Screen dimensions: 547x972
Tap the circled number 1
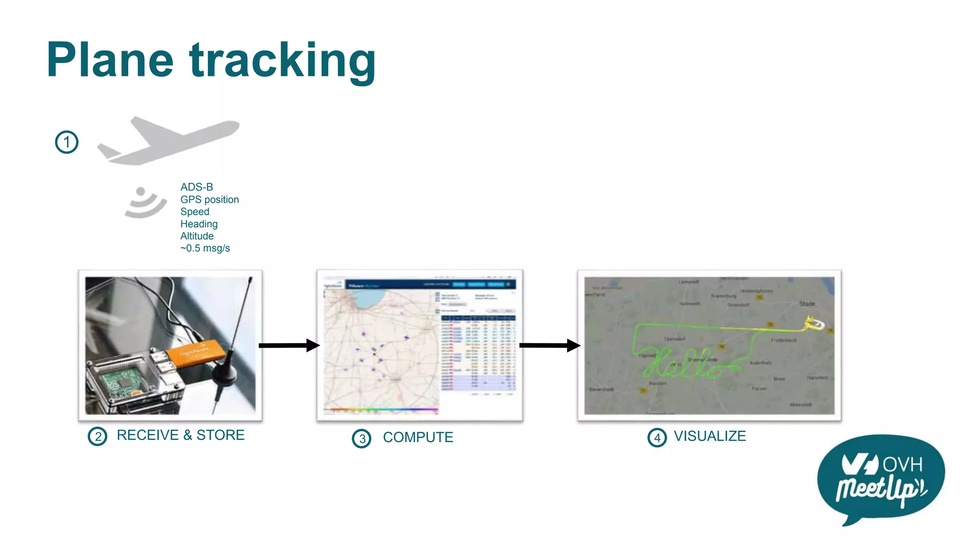point(66,142)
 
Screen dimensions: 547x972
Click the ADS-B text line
point(196,187)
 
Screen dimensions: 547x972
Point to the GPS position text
point(209,199)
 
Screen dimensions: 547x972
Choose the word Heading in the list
point(199,224)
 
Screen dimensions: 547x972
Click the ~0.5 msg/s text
point(205,248)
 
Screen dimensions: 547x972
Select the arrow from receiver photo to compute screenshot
point(289,345)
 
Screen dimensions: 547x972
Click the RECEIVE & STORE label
point(180,435)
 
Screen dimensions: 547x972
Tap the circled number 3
point(362,438)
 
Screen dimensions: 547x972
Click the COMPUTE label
point(418,437)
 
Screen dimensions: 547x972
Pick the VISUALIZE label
point(710,436)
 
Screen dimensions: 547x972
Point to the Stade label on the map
point(807,303)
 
